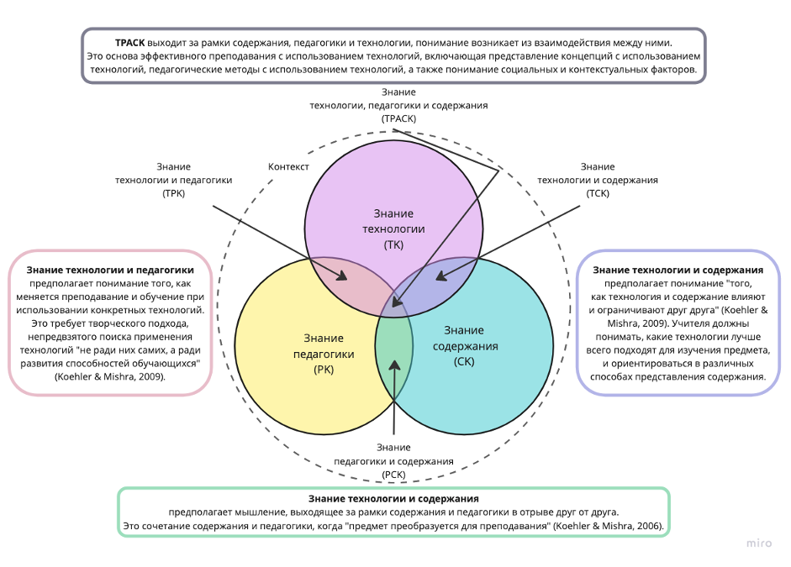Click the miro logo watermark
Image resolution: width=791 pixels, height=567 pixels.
click(758, 543)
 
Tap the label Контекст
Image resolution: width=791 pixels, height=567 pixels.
click(288, 166)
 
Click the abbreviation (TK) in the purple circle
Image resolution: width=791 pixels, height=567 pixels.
click(393, 244)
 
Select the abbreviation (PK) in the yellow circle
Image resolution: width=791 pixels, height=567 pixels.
click(323, 370)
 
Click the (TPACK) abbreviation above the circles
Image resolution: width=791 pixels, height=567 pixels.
click(398, 119)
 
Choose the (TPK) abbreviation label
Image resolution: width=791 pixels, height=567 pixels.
click(173, 193)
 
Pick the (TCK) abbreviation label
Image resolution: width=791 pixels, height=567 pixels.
click(597, 193)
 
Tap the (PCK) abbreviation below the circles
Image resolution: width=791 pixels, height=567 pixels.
click(393, 475)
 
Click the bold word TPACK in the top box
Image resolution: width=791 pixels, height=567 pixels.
click(130, 41)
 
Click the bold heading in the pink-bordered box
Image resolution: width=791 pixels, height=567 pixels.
click(110, 270)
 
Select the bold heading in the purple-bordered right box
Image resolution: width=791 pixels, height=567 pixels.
click(678, 270)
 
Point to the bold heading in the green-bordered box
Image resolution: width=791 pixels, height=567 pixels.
click(393, 498)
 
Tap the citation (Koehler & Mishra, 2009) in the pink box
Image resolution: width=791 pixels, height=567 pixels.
click(110, 377)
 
